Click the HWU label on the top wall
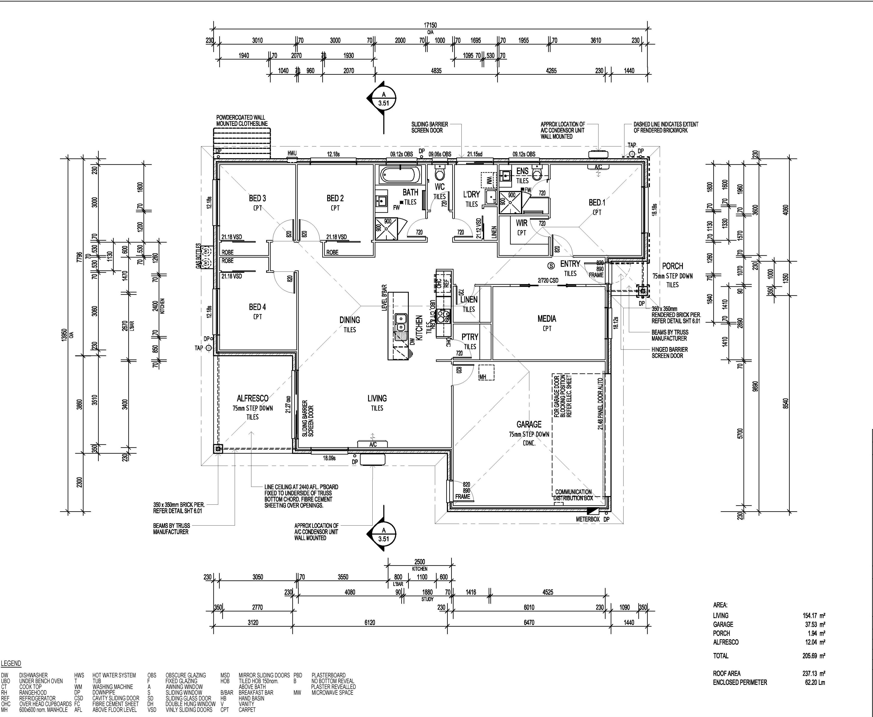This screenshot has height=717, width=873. coord(292,154)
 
